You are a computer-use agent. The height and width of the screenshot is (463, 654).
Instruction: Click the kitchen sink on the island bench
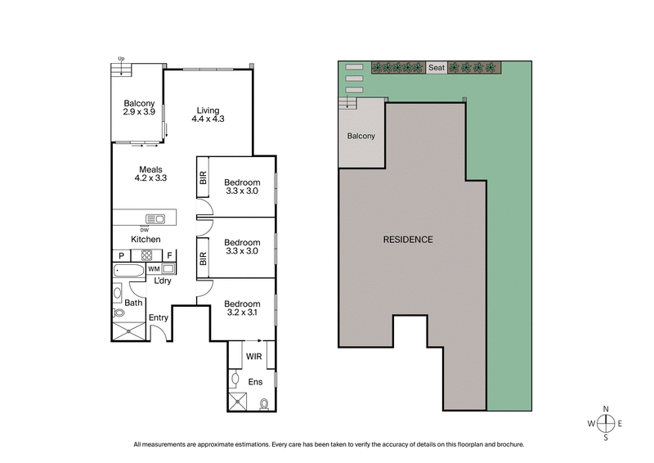click(155, 218)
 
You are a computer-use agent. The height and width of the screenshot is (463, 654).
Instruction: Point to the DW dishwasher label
click(145, 229)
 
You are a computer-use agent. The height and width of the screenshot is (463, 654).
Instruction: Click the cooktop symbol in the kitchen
click(148, 254)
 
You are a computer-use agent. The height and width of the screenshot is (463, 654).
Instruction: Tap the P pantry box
click(120, 254)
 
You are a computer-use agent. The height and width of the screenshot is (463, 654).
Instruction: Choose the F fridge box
click(168, 254)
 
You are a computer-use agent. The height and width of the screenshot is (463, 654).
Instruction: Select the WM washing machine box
click(154, 268)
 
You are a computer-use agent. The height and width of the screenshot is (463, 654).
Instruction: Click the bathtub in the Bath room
click(128, 269)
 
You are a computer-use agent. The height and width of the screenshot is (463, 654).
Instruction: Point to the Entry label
click(158, 317)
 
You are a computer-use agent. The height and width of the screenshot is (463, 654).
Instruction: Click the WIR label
click(253, 356)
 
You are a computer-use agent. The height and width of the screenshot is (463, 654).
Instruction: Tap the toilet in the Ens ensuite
click(265, 402)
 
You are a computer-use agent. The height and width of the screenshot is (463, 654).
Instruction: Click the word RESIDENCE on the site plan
click(408, 240)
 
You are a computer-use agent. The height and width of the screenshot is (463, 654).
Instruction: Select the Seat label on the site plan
click(437, 68)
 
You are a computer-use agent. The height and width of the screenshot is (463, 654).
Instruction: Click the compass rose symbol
click(605, 423)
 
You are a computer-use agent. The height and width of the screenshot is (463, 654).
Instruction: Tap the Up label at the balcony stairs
click(120, 59)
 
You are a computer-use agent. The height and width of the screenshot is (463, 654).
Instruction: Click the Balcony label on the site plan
click(361, 136)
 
